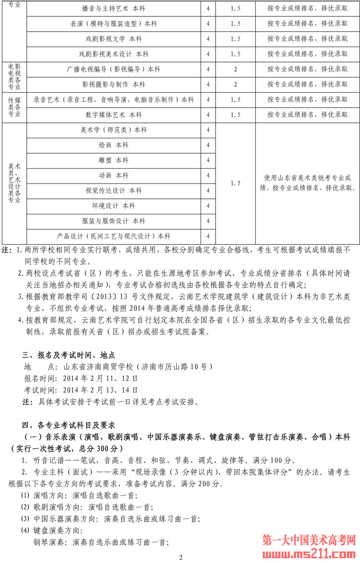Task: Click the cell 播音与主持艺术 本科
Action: (114, 9)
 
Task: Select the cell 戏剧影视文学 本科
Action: (114, 39)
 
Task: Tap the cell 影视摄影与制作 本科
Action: (114, 85)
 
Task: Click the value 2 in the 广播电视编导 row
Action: (235, 69)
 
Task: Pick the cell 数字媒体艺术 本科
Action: (114, 115)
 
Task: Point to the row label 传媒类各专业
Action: (14, 107)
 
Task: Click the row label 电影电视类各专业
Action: (14, 77)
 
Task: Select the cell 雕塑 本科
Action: (114, 160)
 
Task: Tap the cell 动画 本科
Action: (114, 175)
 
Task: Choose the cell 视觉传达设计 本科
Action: (114, 191)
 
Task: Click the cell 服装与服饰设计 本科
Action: (114, 221)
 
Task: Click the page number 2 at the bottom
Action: (180, 557)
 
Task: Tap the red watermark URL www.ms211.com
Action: (310, 553)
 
